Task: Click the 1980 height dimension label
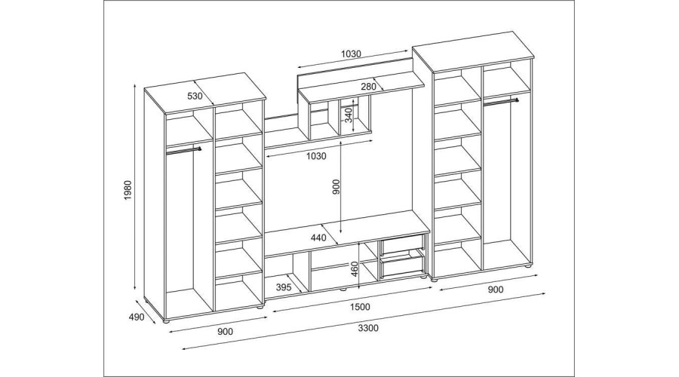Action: click(x=129, y=195)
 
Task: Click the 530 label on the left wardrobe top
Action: click(x=195, y=96)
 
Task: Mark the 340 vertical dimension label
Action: click(x=349, y=117)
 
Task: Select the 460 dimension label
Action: click(x=353, y=268)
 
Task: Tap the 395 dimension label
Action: click(x=284, y=287)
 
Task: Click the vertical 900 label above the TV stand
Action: click(x=336, y=189)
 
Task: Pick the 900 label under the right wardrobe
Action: click(x=496, y=290)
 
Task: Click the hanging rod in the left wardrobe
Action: click(x=183, y=150)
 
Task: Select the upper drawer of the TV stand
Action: click(x=404, y=244)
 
